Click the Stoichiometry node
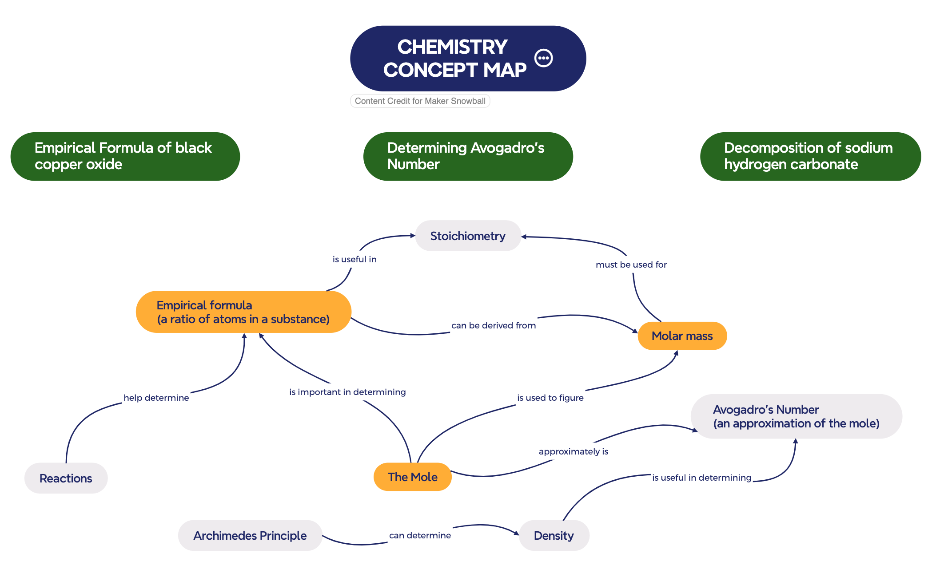[468, 236]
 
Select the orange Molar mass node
[682, 336]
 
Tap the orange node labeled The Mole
[412, 477]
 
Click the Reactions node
[66, 478]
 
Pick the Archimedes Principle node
[250, 536]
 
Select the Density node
[554, 536]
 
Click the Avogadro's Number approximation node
[796, 416]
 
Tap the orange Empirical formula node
[243, 312]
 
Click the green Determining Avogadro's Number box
[467, 156]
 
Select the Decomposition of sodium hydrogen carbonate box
[810, 156]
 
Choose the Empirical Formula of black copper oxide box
[125, 156]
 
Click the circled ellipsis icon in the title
[543, 58]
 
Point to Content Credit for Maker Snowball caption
[420, 101]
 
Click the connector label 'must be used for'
[631, 265]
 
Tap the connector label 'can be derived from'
[493, 325]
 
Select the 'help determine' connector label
[156, 398]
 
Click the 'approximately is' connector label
[573, 451]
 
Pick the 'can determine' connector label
[420, 535]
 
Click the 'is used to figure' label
[550, 398]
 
